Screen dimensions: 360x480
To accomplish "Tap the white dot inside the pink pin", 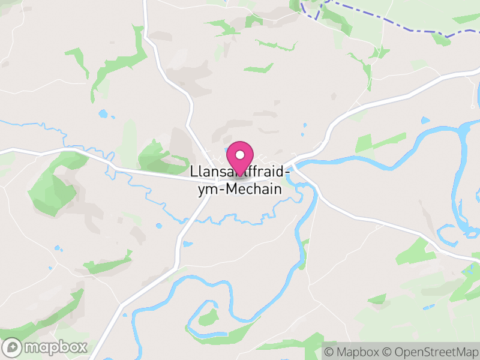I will (x=240, y=155).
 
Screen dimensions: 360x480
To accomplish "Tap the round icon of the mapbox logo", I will (x=13, y=347).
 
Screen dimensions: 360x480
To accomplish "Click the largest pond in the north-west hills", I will (x=103, y=113).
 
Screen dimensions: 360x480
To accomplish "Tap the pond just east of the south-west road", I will (x=188, y=244).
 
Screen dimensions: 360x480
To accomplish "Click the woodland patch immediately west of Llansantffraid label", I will (x=157, y=157).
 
